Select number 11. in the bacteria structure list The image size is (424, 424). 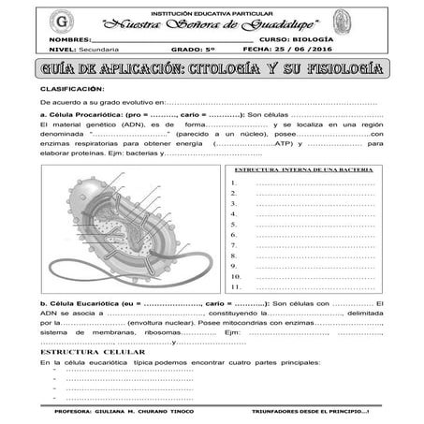coord(234,286)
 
